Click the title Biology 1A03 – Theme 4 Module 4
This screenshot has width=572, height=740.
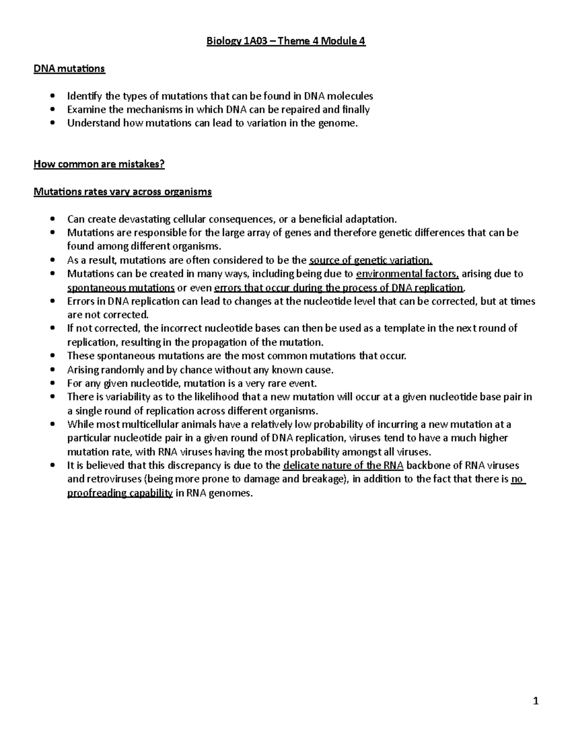tap(286, 41)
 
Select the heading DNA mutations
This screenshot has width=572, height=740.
tap(69, 69)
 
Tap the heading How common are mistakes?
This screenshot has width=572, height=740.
tap(99, 164)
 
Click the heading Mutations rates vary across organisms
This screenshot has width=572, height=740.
tap(123, 192)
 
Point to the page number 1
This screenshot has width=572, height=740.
tap(536, 700)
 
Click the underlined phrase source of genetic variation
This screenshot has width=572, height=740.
tap(370, 260)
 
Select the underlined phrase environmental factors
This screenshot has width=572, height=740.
tap(408, 274)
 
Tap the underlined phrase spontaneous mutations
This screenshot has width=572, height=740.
tap(121, 288)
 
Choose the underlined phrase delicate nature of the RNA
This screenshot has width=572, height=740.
tap(343, 466)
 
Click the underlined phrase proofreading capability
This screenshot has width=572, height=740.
tap(120, 493)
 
